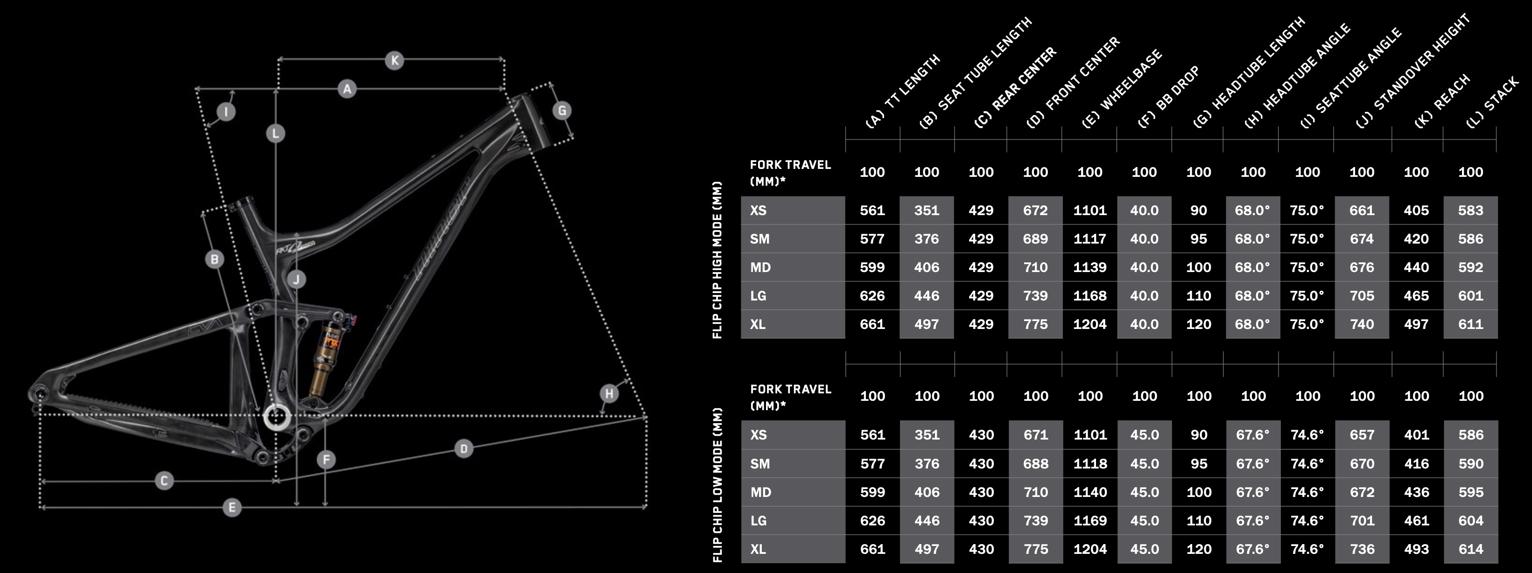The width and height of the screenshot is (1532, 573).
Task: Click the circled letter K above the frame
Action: pos(394,60)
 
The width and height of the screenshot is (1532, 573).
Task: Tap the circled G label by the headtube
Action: pos(562,111)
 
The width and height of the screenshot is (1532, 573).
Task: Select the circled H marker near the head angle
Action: pos(609,393)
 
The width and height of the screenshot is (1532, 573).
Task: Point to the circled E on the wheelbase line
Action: pos(232,507)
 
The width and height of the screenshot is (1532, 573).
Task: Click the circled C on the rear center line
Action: pos(164,480)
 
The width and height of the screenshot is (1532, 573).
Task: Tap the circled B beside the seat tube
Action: pos(214,259)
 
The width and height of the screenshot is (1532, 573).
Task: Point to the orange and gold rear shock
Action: pos(330,356)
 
